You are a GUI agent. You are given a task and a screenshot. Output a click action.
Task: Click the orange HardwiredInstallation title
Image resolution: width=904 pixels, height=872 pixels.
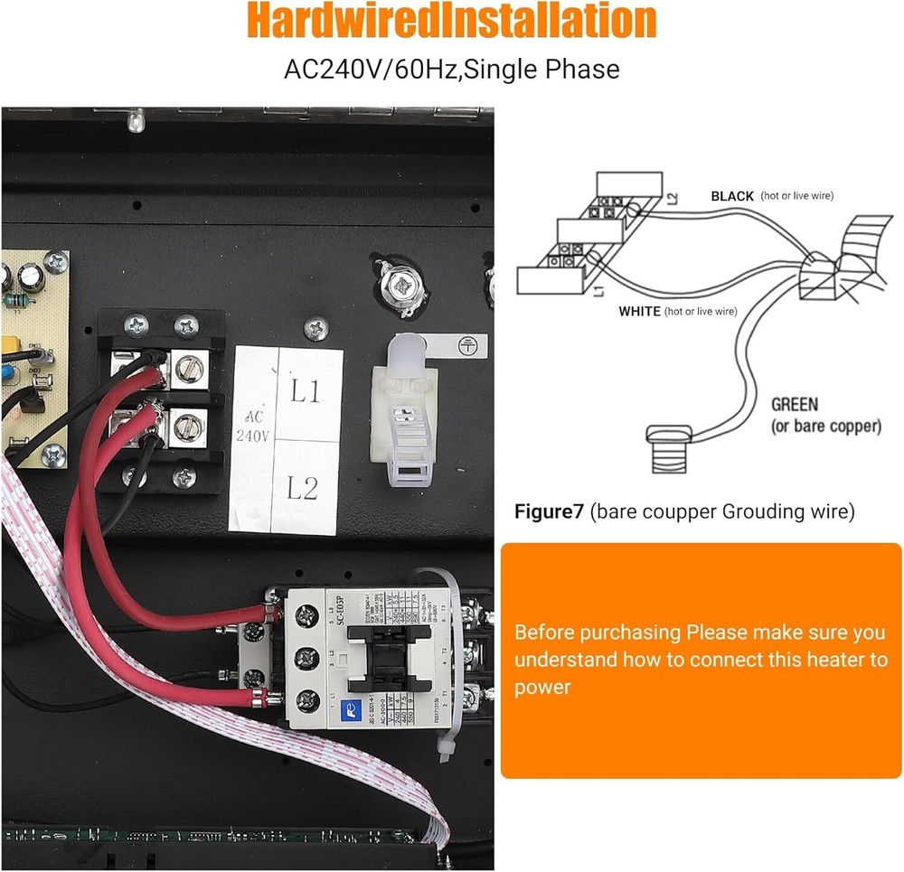(451, 22)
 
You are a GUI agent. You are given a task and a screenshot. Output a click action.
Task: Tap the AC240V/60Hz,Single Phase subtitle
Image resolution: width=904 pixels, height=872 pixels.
(451, 69)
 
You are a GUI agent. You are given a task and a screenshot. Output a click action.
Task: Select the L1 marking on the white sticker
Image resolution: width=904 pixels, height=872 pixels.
(305, 392)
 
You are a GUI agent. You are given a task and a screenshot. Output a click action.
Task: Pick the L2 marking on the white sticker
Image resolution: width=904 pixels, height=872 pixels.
(303, 489)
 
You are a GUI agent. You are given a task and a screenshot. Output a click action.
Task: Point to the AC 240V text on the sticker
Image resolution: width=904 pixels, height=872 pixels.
(252, 427)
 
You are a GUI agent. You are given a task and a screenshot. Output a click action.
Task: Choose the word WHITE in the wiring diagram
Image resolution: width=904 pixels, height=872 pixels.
(639, 311)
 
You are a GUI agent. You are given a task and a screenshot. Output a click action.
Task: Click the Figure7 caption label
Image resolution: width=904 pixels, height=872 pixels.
(550, 512)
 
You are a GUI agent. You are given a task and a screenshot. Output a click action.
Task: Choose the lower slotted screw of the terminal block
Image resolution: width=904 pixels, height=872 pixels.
(188, 425)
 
